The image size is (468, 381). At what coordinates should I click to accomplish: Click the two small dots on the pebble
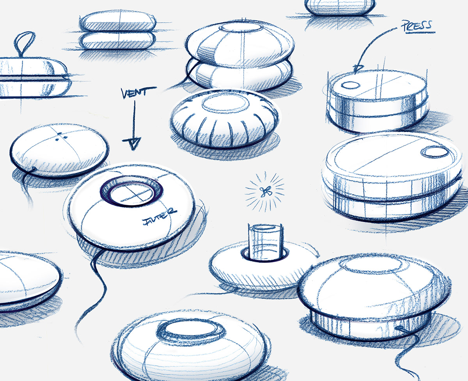click(x=59, y=135)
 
